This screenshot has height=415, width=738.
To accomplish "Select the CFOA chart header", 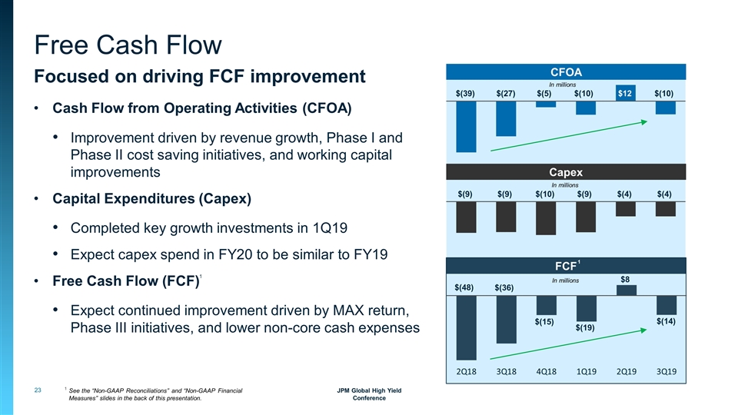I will (x=567, y=71).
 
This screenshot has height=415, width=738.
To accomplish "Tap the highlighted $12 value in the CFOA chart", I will (x=626, y=94).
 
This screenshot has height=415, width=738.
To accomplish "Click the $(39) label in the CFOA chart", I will (x=466, y=94).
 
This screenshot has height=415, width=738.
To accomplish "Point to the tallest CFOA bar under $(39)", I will (x=466, y=127).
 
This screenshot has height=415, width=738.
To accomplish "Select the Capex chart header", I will (x=567, y=171).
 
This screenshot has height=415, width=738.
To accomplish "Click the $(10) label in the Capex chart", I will (x=546, y=194).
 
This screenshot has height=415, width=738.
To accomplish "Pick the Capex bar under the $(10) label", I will (x=546, y=218).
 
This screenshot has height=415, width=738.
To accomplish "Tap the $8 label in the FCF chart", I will (x=626, y=280).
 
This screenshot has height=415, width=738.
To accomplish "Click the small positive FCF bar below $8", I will (x=626, y=290).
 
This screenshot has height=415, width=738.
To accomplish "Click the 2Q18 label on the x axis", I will (x=467, y=372).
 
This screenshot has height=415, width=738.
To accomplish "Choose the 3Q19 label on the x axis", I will (x=666, y=372).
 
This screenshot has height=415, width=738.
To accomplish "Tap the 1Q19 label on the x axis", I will (x=586, y=372).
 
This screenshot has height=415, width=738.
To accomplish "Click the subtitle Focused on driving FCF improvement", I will (x=198, y=78).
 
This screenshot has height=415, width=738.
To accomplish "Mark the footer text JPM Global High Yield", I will (x=369, y=390).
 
